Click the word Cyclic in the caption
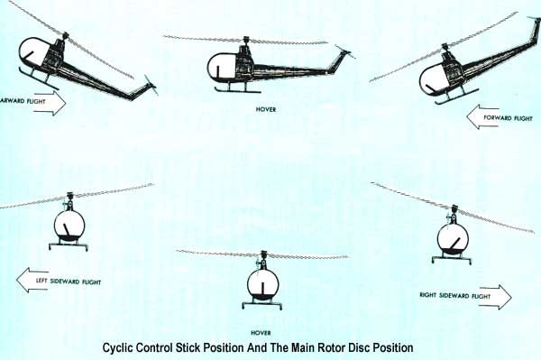(121, 346)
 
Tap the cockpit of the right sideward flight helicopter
(452, 239)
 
